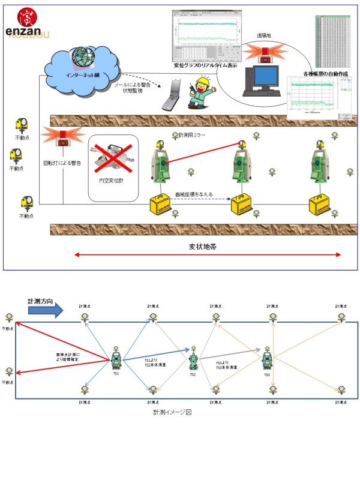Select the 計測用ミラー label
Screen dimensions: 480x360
click(192, 136)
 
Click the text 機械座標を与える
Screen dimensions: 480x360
click(194, 195)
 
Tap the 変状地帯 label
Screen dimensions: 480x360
click(204, 246)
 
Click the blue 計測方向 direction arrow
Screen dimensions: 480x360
click(45, 310)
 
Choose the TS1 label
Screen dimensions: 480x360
click(116, 373)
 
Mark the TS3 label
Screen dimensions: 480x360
click(266, 374)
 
